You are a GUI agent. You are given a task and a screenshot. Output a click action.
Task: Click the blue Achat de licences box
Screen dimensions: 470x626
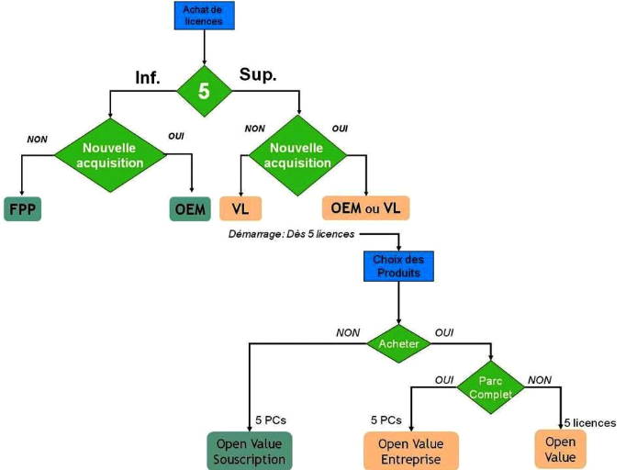tap(204, 15)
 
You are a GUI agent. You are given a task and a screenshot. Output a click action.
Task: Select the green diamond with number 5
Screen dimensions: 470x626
tap(204, 91)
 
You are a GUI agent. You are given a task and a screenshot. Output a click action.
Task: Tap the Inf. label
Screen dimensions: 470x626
tap(147, 78)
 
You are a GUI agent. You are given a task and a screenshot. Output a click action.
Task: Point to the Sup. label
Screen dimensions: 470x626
tap(259, 73)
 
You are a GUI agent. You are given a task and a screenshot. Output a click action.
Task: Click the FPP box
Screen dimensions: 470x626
tap(22, 208)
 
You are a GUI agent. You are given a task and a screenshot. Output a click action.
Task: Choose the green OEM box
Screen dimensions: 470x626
tap(190, 208)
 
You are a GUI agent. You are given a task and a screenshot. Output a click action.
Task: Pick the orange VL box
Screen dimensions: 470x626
tap(240, 208)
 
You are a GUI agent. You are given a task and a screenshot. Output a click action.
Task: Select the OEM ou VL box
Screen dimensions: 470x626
tap(365, 208)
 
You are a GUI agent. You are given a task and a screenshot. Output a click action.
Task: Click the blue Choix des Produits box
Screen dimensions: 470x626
tap(397, 265)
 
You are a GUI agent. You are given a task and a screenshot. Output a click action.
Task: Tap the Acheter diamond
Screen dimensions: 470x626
tap(397, 343)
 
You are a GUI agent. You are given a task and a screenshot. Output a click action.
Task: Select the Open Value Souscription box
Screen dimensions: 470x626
tap(250, 451)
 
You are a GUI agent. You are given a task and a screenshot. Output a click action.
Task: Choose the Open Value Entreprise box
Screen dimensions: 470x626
tap(410, 451)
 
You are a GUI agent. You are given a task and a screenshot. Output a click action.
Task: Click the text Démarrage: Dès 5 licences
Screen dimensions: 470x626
tap(290, 235)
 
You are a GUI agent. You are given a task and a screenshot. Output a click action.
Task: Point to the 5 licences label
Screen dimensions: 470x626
tap(590, 422)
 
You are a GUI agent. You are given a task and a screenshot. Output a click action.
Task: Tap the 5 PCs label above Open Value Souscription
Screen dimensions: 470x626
tap(272, 420)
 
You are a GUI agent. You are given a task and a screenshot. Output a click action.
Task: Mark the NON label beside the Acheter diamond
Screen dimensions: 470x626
tap(348, 332)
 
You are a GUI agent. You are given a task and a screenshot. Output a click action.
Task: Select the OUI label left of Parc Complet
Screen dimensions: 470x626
tap(444, 378)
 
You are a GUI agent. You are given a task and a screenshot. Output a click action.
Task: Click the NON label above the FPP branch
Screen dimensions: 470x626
tap(37, 139)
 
